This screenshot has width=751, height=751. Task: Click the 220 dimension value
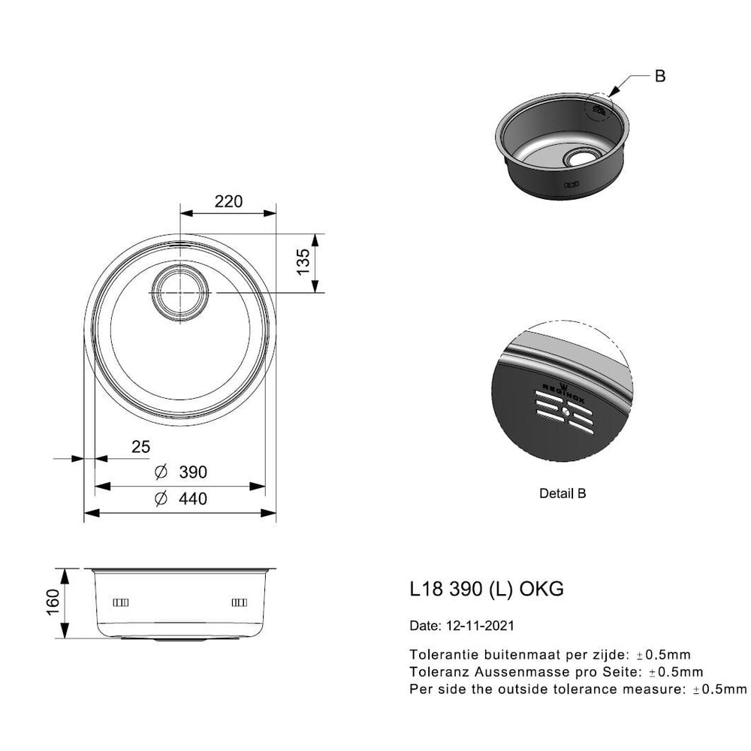click(228, 201)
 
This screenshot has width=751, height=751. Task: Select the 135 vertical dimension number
click(303, 262)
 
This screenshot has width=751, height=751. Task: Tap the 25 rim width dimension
click(141, 447)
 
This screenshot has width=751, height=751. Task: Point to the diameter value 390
click(193, 472)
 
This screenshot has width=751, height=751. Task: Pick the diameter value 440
click(193, 499)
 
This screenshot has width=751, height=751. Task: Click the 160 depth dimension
click(53, 602)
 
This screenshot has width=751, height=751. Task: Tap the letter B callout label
click(660, 76)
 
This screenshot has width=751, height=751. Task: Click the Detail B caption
click(562, 493)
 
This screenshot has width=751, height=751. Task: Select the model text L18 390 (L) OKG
click(487, 589)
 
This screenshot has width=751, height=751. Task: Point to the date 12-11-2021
click(480, 626)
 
